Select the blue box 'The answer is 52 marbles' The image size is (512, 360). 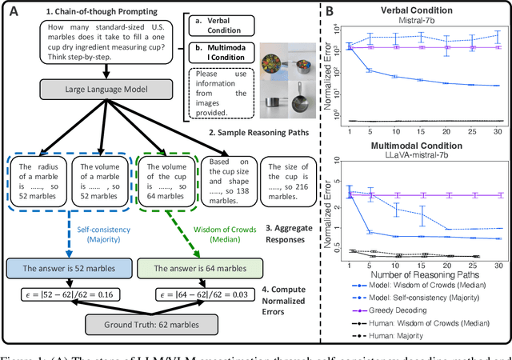[x=58, y=268]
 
